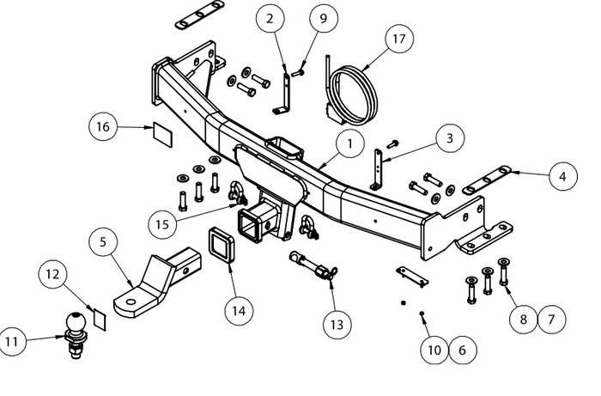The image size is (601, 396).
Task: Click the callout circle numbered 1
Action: click(350, 143)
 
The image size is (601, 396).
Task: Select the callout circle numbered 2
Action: click(270, 18)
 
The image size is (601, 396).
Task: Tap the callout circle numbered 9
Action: click(323, 18)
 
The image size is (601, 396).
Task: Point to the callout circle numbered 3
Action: click(448, 137)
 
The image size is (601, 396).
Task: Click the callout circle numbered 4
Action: click(562, 177)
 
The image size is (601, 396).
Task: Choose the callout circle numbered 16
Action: click(104, 127)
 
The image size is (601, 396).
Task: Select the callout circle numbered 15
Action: click(161, 223)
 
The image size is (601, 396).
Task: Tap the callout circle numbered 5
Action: click(104, 244)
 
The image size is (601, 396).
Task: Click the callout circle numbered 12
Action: click(53, 275)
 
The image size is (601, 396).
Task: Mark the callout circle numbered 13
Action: click(337, 324)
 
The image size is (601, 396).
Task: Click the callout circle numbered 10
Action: click(434, 350)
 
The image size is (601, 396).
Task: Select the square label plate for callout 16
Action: click(161, 133)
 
